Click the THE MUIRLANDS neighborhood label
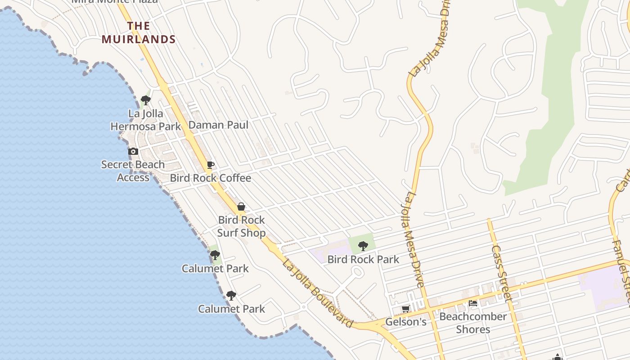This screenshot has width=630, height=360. [139, 33]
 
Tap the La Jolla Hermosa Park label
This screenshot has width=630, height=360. [146, 120]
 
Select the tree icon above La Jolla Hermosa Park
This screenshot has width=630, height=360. [145, 100]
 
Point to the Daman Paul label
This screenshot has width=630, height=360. [218, 125]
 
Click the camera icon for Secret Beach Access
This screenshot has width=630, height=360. [133, 152]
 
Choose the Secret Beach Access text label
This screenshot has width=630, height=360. [133, 171]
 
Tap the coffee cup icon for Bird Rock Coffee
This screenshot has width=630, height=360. [210, 165]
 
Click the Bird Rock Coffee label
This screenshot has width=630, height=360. [210, 178]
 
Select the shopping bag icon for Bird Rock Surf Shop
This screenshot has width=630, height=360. [241, 207]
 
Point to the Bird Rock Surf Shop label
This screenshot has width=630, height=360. [242, 226]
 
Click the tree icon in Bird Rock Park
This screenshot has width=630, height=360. [363, 246]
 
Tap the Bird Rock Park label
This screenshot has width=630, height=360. [363, 260]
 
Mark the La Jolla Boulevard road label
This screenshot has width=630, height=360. [318, 292]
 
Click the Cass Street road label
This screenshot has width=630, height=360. [501, 273]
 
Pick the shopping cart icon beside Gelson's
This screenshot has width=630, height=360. [405, 309]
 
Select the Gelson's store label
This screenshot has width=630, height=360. [406, 322]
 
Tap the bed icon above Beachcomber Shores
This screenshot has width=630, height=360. [473, 303]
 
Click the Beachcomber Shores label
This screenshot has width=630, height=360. [473, 323]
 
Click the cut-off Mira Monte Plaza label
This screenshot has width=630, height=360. [115, 1]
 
